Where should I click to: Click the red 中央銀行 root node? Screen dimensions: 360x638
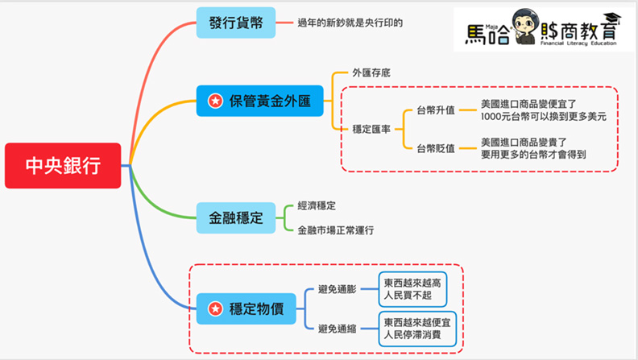64,166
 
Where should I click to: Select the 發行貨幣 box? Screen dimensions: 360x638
235,23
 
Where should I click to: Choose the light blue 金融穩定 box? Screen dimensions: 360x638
236,217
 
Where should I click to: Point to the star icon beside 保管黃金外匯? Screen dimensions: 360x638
215,101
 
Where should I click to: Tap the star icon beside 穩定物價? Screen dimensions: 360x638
215,307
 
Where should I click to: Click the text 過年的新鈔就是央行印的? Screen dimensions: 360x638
350,23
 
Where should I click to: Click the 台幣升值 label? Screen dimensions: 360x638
436,110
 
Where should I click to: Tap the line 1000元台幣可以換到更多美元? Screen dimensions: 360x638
543,116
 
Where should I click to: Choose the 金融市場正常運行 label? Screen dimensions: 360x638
335,230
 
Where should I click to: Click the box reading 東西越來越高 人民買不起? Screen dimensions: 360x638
413,288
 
